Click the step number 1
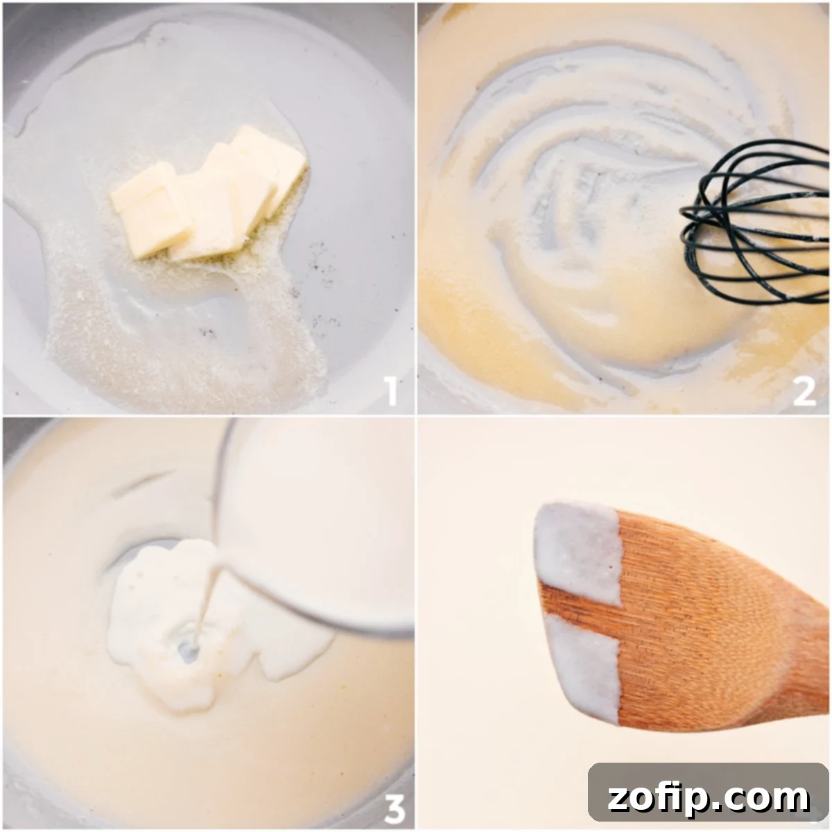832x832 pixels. click(392, 390)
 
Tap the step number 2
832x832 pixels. click(804, 392)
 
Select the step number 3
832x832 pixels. click(394, 808)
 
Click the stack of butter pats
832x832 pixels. click(208, 194)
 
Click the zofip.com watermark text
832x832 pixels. click(708, 798)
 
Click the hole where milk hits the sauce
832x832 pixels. click(187, 650)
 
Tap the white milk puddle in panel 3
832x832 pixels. click(153, 610)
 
